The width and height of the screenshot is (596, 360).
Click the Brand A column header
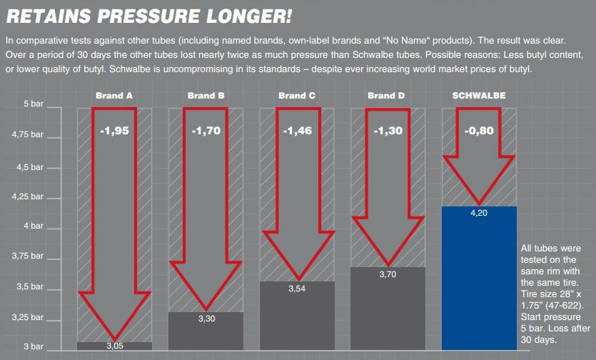114,95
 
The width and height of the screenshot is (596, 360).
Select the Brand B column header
206,95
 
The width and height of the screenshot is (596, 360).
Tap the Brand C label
297,95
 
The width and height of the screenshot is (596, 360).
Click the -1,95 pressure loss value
114,131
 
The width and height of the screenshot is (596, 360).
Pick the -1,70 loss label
206,131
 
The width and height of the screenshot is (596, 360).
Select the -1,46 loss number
297,131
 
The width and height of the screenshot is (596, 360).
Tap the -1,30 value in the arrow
388,131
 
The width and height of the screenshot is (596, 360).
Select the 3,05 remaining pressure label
114,346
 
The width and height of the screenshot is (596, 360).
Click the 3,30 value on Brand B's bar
206,319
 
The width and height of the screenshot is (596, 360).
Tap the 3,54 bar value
297,289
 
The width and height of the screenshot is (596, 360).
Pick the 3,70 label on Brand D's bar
388,274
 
